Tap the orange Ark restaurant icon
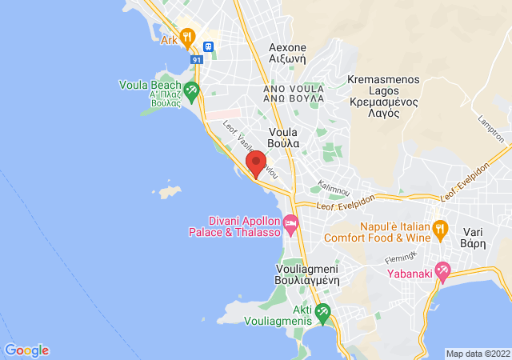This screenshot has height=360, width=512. point(188,37)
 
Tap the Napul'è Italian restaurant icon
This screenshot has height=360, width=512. point(439,229)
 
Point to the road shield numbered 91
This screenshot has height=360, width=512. point(195,58)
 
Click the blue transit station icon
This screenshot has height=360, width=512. point(209,46)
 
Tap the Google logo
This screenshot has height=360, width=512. point(26,350)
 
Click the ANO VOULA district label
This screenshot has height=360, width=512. point(294,93)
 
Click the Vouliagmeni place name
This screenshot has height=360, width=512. point(308,274)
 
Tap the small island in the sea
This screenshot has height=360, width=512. point(168,193)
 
